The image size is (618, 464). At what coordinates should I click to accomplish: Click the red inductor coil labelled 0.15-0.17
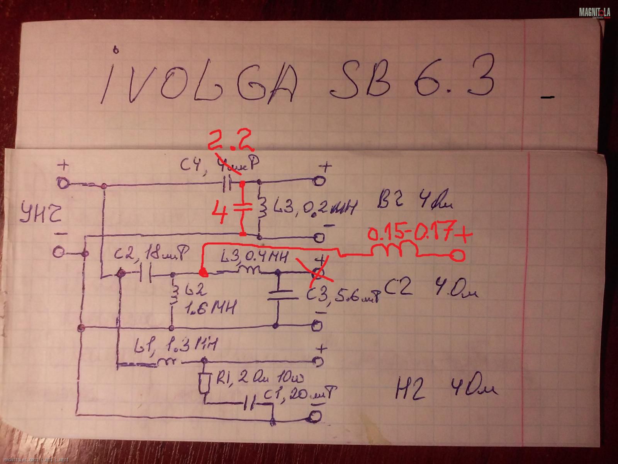399,250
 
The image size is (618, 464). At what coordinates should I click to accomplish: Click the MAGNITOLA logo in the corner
594,13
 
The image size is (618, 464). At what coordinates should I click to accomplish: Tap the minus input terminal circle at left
58,253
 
